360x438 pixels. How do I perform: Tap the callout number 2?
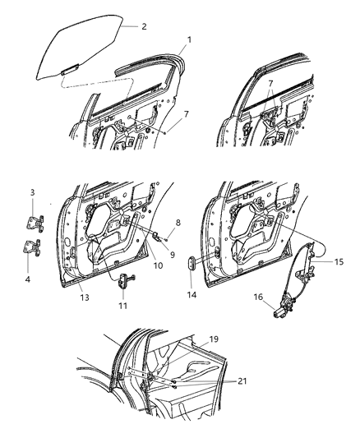tap(144, 26)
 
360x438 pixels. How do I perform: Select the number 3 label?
tap(32, 215)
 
